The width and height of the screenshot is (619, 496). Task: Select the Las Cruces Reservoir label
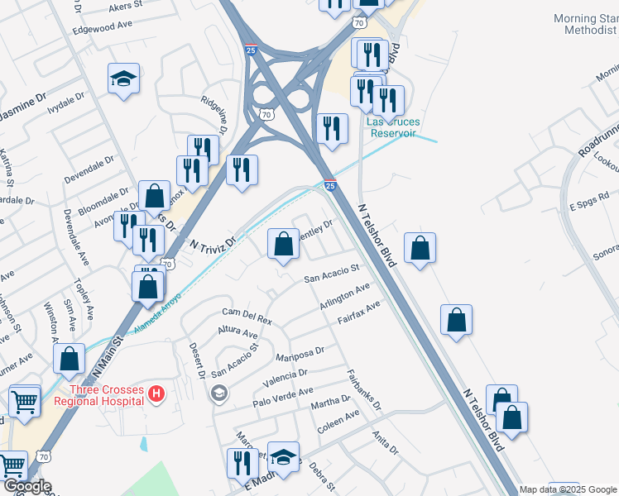[394, 127]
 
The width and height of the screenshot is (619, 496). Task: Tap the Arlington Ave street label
[345, 298]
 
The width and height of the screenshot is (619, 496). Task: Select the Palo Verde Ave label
[283, 397]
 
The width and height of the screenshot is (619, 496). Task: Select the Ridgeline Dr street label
[213, 112]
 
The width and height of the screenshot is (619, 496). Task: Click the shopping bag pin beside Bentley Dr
[283, 244]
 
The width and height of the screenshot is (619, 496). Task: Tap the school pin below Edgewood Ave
[123, 79]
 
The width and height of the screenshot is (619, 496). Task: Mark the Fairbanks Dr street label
[363, 390]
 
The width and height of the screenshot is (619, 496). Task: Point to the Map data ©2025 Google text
[568, 489]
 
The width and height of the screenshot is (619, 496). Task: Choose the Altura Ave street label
[238, 332]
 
